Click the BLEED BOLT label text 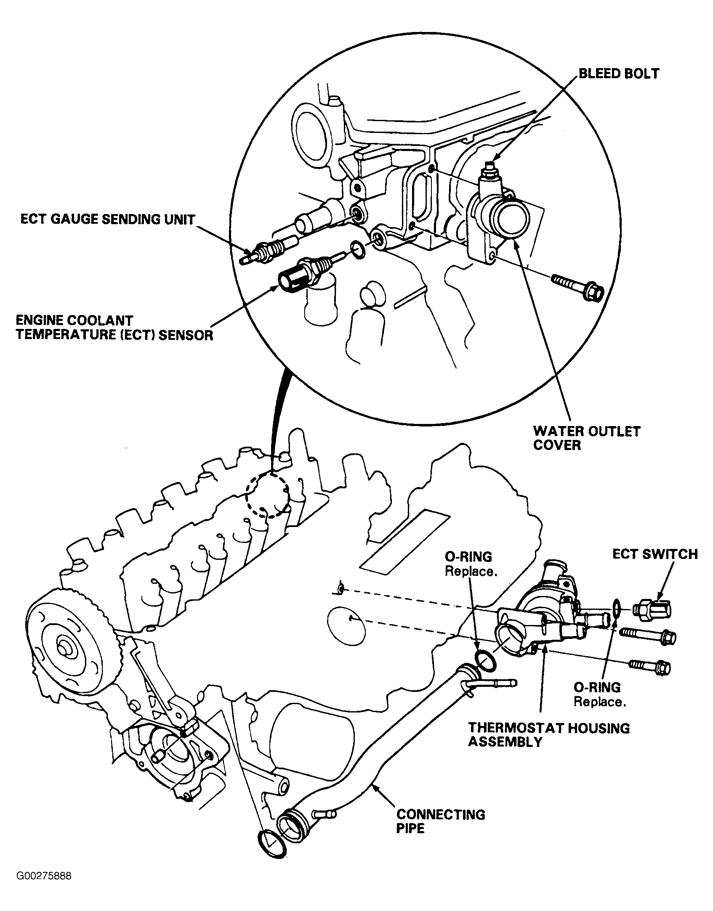tap(619, 74)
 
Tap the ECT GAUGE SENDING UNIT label tap(108, 220)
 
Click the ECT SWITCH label tap(655, 554)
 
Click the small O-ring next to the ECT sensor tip tap(357, 250)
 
